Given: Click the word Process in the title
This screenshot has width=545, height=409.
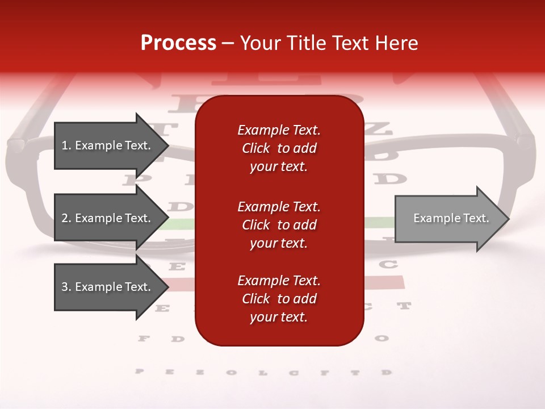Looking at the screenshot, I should [x=178, y=43].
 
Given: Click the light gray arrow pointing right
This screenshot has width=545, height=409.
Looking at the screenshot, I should [x=448, y=219].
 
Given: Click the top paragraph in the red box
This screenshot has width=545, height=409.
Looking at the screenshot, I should [x=279, y=148].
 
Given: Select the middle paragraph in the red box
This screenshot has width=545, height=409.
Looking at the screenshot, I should [x=279, y=225].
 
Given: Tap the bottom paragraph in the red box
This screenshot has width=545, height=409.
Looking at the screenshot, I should [x=279, y=299].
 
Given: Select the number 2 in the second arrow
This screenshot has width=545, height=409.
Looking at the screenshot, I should [x=64, y=218].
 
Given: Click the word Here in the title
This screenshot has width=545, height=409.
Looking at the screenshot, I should [x=395, y=43].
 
